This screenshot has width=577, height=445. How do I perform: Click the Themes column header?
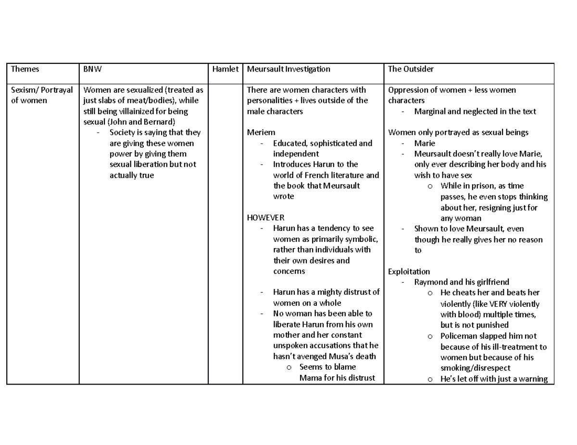click(25, 69)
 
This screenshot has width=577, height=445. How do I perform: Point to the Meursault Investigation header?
click(288, 69)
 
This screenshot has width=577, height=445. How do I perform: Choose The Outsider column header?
click(411, 69)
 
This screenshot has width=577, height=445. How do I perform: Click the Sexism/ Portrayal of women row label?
click(42, 95)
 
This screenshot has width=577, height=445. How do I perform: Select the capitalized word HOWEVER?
click(265, 217)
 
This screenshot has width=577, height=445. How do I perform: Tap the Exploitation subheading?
click(409, 271)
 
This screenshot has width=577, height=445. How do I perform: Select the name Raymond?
click(430, 282)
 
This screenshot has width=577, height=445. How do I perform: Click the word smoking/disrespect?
click(475, 368)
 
